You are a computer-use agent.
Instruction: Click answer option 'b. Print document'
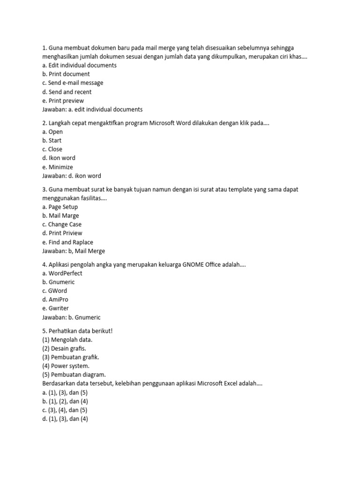coord(66,74)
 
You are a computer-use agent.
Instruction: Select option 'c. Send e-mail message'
coord(72,83)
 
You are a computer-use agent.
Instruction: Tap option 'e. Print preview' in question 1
coord(63,101)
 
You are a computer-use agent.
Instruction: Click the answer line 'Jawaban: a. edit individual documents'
coord(92,110)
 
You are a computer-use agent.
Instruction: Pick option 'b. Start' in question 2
coord(52,141)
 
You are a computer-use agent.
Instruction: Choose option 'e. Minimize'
coord(57,167)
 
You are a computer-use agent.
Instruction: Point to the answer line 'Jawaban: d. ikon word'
coord(71,176)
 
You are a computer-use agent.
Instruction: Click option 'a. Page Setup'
coord(60,207)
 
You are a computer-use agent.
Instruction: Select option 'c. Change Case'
coord(61,225)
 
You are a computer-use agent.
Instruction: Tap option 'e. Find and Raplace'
coord(67,242)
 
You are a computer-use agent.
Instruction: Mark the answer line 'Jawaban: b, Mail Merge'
coord(73,251)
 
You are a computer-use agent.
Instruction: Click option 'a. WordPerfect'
coord(62,273)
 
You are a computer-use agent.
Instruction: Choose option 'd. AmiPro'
coord(55,300)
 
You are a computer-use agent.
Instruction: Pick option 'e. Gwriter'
coord(55,308)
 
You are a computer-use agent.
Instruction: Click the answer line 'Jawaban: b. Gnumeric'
coord(71,317)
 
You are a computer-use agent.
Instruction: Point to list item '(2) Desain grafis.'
coord(64,348)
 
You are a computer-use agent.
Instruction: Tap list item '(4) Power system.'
coord(65,366)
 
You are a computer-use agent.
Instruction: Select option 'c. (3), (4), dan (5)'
coord(65,410)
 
